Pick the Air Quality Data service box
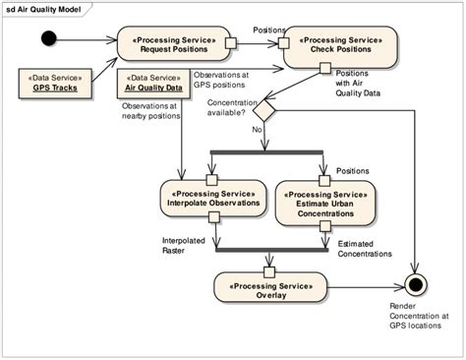(153, 81)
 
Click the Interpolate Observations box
(211, 197)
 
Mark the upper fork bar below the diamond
(267, 150)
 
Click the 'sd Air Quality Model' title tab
(44, 8)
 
